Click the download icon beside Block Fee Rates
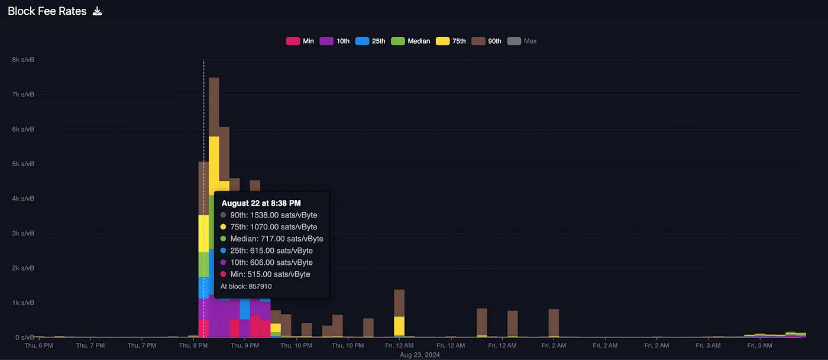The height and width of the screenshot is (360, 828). [98, 11]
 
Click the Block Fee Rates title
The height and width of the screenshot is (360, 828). [47, 11]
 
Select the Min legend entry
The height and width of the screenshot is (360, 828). [300, 41]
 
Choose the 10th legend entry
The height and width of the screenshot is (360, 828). [335, 41]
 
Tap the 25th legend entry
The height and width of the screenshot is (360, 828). [371, 41]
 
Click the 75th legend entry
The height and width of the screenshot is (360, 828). [451, 41]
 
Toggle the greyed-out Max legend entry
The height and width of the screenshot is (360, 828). [522, 41]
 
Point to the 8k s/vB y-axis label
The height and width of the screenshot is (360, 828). [23, 60]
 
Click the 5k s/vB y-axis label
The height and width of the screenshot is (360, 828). [23, 164]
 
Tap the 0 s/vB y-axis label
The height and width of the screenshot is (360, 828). [24, 338]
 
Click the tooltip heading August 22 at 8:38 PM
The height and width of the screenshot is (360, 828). [261, 203]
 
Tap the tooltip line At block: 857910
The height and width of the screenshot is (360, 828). [246, 286]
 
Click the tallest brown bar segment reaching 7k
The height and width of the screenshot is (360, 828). [214, 106]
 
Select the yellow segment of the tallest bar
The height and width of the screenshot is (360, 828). [214, 166]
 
